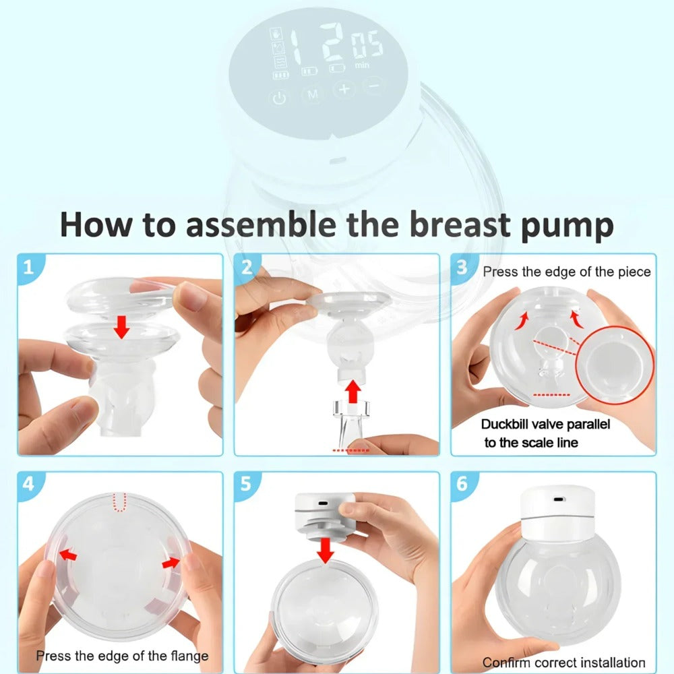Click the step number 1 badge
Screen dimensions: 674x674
pos(28,267)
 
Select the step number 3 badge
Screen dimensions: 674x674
pos(462,267)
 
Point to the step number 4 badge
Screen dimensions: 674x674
pos(28,484)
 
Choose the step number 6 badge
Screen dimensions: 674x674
pos(462,484)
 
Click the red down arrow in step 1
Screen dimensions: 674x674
pos(121,327)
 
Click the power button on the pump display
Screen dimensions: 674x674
pos(279,98)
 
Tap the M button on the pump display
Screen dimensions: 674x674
pos(312,95)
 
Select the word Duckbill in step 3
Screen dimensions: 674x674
pos(506,425)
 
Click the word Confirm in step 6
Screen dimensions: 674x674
pos(506,663)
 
